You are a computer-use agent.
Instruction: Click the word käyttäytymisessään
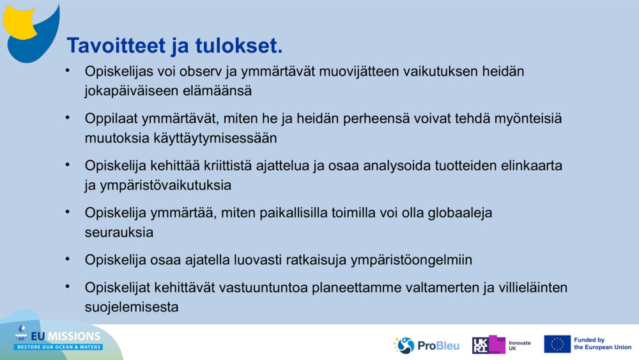pos(217,137)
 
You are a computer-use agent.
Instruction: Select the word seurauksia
pos(119,232)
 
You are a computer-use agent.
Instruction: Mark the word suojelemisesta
pos(131,307)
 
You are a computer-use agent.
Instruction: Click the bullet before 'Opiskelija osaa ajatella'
pos(68,259)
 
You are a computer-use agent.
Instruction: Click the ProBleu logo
pos(426,345)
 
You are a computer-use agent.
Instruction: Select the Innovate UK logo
pos(501,345)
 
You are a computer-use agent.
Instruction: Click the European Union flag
pos(557,344)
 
